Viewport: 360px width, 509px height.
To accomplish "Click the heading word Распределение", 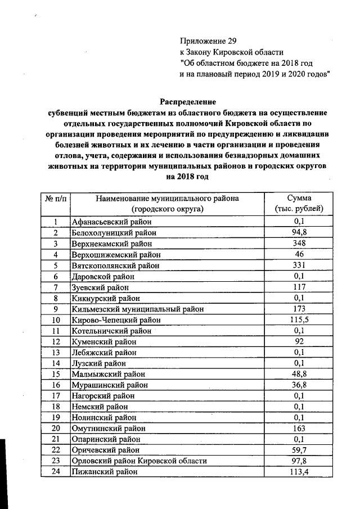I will click(x=188, y=102).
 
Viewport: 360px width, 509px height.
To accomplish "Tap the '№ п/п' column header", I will click(x=56, y=199).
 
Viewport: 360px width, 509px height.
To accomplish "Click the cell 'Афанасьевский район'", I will click(x=108, y=222).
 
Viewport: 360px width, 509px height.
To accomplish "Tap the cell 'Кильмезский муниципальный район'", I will click(x=137, y=309).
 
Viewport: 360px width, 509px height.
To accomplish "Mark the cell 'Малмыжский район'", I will click(x=103, y=374).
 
